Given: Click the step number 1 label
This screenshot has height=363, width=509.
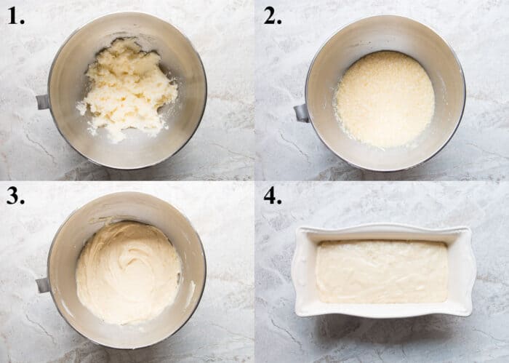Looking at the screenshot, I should pos(17,17).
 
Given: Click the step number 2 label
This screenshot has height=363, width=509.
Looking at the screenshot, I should pos(273,17).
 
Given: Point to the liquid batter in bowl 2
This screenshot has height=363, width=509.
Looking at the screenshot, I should pos(384,99).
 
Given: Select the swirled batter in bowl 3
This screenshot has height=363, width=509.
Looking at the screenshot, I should pos(128,272).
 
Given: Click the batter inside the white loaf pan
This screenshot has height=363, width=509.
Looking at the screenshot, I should pos(382,271).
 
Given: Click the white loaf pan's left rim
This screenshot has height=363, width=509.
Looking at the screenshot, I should pos(303,271).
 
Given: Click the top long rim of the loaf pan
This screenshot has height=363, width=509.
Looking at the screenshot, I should pos(382,231).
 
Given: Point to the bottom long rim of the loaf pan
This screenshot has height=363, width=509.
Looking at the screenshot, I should pos(382,311).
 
